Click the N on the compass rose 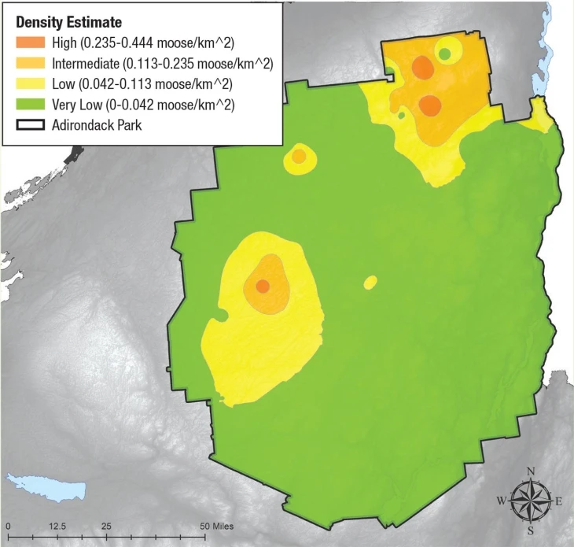531,471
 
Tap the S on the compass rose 531,529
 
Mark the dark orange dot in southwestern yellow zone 263,285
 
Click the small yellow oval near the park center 370,282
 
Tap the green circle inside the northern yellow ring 445,54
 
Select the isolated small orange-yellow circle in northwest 299,155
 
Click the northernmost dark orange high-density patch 422,68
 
